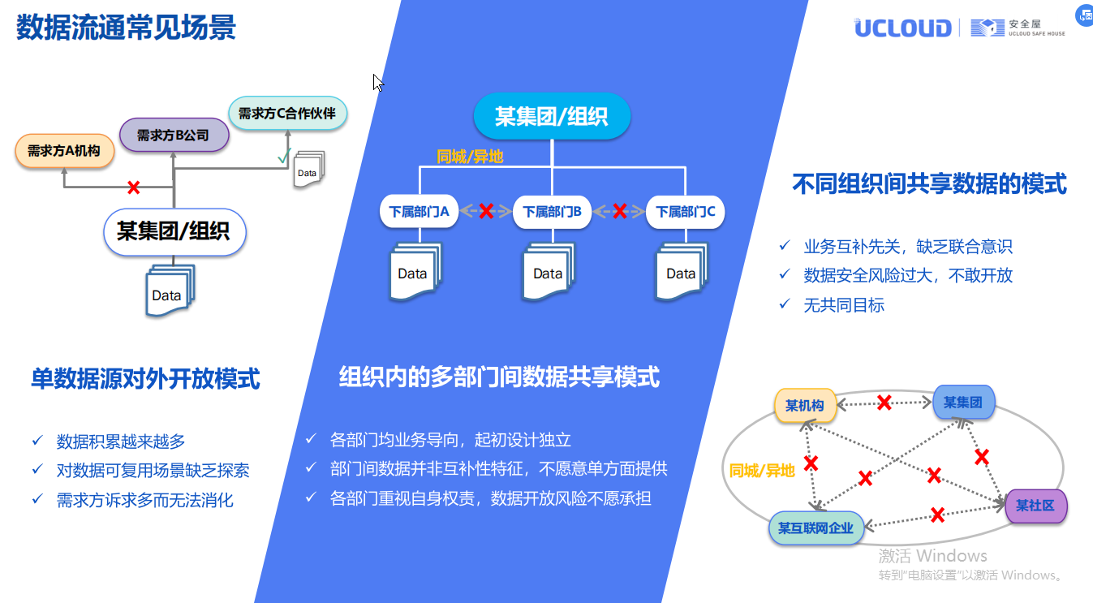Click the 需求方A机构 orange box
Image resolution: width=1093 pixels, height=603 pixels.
(65, 151)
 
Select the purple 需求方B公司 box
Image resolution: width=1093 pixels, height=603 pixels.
(174, 135)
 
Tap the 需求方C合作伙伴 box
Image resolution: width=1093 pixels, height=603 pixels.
(287, 113)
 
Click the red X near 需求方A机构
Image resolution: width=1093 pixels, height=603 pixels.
(133, 187)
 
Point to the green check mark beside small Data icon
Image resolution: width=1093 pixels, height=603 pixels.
(284, 156)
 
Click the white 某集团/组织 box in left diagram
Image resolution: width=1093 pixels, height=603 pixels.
(174, 232)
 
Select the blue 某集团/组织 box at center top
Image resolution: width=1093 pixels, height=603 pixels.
(552, 116)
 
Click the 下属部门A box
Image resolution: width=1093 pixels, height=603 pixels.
(420, 212)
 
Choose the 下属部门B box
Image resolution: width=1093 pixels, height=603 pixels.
(552, 212)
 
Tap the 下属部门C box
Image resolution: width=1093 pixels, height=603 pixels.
(685, 212)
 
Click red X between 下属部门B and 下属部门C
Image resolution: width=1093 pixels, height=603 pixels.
(619, 211)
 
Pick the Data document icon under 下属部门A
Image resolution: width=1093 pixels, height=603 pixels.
(415, 271)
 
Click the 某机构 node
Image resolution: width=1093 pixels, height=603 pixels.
(805, 405)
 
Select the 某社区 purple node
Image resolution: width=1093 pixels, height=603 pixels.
(1036, 506)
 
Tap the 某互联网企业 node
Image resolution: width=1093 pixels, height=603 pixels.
(815, 528)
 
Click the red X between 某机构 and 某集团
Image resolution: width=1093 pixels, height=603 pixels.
(884, 403)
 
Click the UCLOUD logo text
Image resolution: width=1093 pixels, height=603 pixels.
(902, 28)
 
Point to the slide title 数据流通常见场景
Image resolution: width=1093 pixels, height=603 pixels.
(126, 27)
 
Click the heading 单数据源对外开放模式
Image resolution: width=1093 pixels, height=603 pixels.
(145, 378)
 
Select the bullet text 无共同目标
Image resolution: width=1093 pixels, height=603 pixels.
(844, 305)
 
